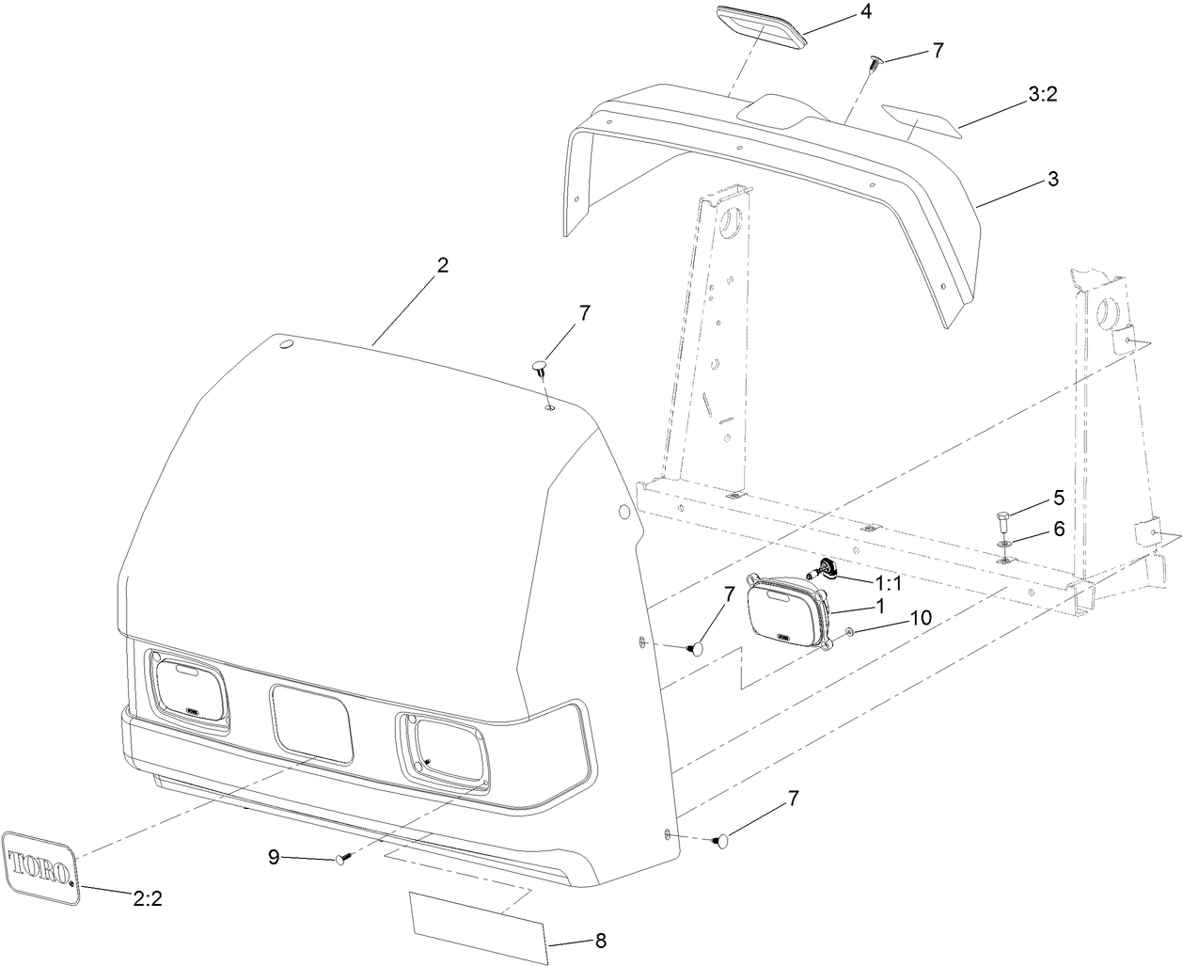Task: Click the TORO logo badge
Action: click(x=41, y=866)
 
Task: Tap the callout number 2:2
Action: click(x=148, y=898)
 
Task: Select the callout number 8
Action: click(x=600, y=940)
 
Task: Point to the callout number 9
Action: click(x=274, y=856)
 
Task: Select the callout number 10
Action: click(x=920, y=618)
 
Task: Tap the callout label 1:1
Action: click(x=888, y=583)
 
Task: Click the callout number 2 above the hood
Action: click(x=441, y=265)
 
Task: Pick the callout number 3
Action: click(x=1053, y=179)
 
